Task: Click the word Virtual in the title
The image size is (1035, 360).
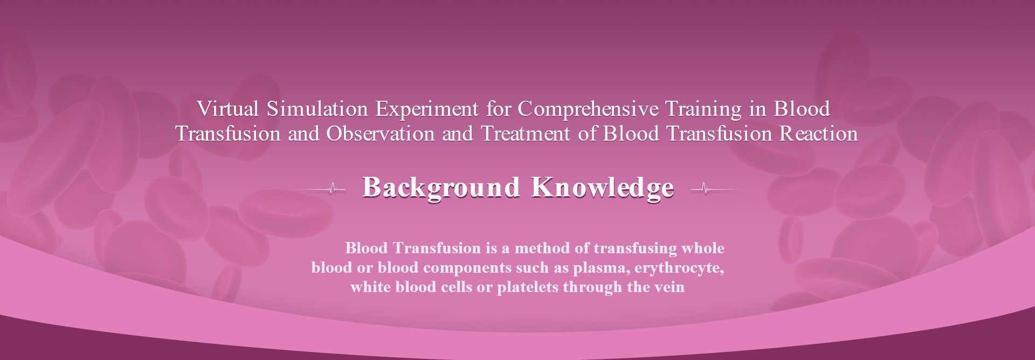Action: click(x=229, y=109)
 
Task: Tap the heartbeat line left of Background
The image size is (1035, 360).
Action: click(x=322, y=189)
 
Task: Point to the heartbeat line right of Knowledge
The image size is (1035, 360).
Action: click(x=715, y=189)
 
